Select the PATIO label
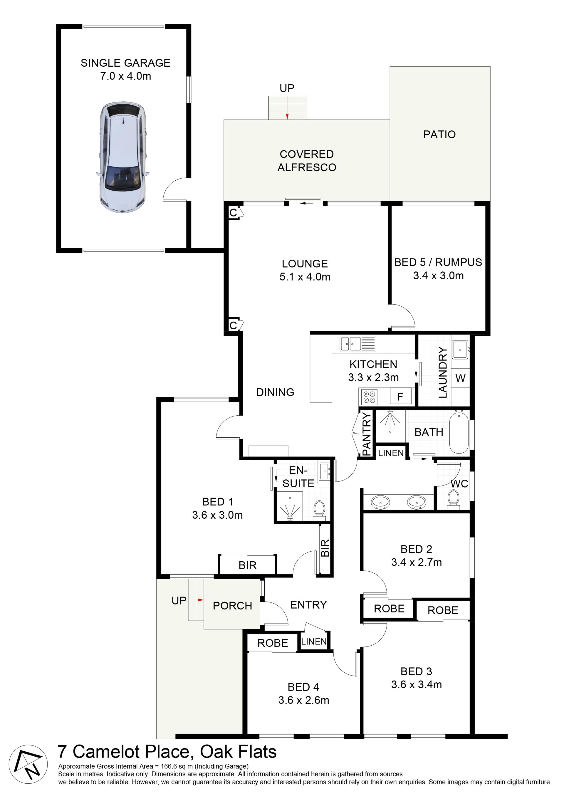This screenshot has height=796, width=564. click(x=439, y=135)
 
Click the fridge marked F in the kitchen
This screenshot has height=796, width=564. click(x=400, y=397)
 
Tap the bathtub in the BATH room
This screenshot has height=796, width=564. click(x=459, y=432)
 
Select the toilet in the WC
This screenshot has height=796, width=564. click(x=453, y=499)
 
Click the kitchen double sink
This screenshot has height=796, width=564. click(x=358, y=344)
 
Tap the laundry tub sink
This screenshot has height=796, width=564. click(x=461, y=349)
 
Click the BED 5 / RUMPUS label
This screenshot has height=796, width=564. click(x=438, y=262)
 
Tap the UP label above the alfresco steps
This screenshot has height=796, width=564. click(x=287, y=88)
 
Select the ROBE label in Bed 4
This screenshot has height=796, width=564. click(x=273, y=643)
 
